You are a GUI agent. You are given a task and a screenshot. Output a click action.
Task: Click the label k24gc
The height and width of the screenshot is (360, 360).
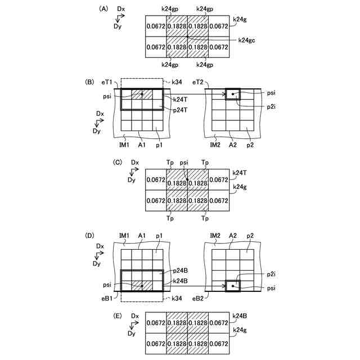click(247, 40)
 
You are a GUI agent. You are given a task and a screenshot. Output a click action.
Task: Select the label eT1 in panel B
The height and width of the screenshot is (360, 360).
click(107, 82)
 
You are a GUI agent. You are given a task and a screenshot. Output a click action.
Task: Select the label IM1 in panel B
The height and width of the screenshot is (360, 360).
click(125, 145)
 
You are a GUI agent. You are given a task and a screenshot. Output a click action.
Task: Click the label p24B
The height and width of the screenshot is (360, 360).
click(180, 271)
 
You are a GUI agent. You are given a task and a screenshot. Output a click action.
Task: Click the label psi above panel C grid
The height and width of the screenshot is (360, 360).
click(186, 163)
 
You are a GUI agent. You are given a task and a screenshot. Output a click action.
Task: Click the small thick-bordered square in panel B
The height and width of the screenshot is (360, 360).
click(232, 94)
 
